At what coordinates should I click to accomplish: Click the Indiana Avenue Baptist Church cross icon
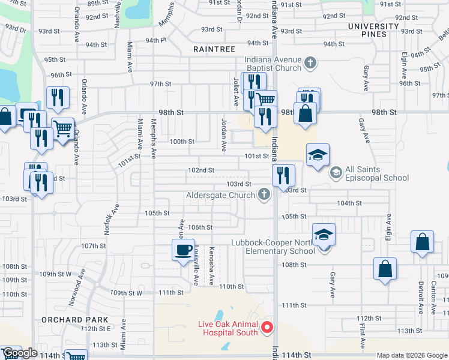point(310,62)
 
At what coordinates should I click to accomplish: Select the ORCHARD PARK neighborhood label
point(75,320)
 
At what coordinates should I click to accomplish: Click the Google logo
point(20,353)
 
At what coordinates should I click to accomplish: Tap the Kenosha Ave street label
point(212,265)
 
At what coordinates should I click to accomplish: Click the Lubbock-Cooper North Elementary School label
point(273,247)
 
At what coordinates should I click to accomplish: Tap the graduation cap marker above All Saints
point(318,155)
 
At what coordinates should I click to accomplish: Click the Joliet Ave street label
point(237,91)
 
